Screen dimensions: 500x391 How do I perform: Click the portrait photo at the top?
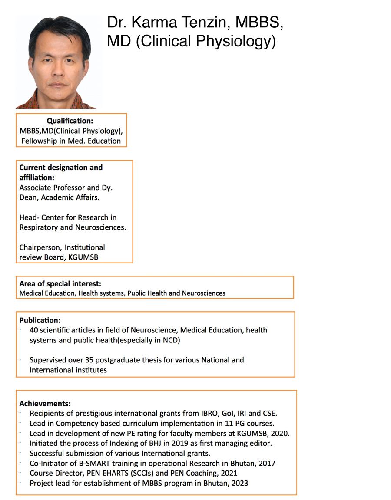[59, 62]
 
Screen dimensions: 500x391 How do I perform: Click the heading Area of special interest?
[60, 284]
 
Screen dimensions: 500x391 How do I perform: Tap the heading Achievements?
[45, 403]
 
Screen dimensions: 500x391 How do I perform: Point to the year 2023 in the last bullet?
[238, 483]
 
